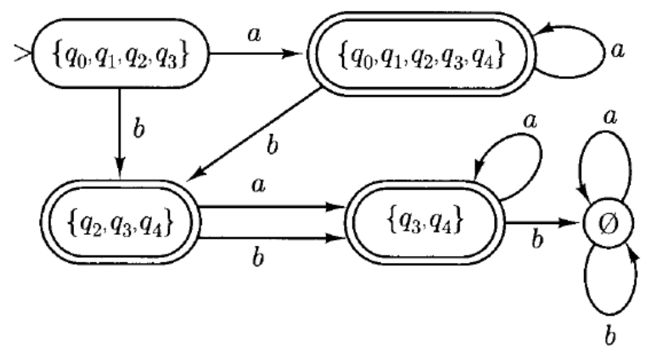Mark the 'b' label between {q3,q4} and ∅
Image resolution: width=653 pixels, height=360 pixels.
pyautogui.click(x=538, y=241)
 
